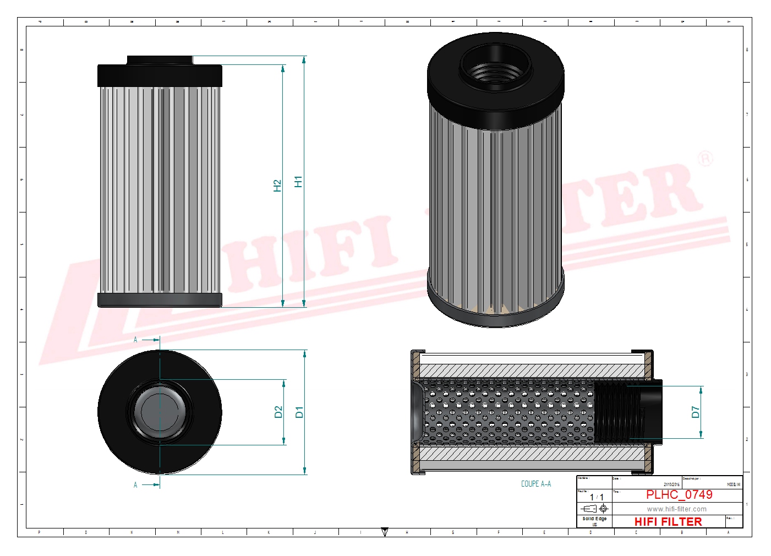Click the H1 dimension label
[298, 182]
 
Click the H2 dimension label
[277, 186]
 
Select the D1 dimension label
[299, 412]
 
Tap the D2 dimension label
[278, 412]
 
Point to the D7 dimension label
[696, 412]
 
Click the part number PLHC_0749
[679, 495]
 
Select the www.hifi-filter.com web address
[676, 509]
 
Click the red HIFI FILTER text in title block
[668, 522]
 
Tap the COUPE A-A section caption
[535, 484]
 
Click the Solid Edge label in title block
[594, 519]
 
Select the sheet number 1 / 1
[597, 497]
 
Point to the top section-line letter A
[135, 340]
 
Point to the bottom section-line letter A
[135, 485]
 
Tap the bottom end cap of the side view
[160, 300]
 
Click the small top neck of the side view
[160, 59]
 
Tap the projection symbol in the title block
[595, 509]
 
